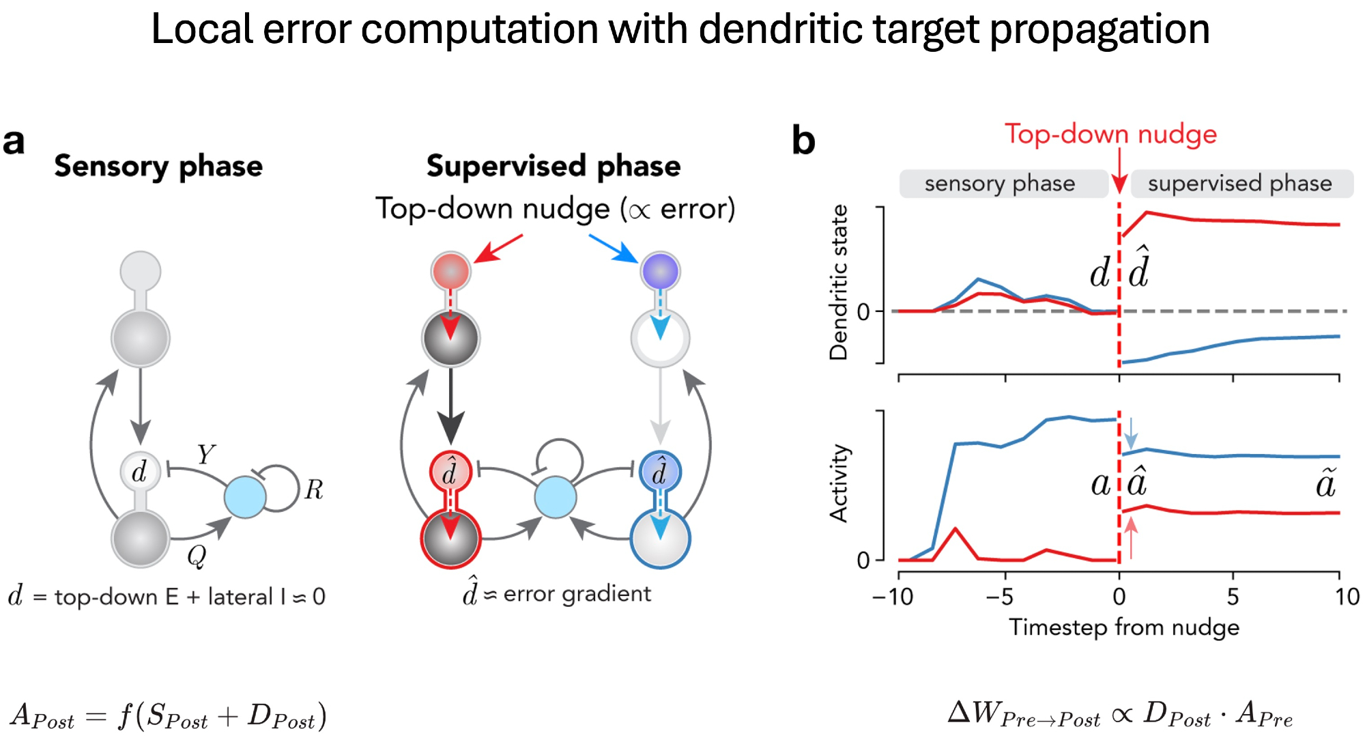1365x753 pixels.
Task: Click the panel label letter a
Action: pos(14,142)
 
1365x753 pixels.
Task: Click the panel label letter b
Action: pos(803,141)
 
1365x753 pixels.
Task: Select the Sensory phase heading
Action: pos(158,167)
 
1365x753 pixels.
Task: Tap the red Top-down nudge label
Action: pos(1110,134)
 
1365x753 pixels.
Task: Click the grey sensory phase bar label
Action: pos(1000,184)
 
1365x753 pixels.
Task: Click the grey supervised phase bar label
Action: pos(1239,184)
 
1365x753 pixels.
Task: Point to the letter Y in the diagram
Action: pos(205,454)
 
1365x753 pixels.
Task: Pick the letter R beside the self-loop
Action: pos(313,489)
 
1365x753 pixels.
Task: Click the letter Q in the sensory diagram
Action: pos(197,556)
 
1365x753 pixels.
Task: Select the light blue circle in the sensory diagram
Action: pos(245,497)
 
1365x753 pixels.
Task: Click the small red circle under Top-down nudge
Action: pos(450,271)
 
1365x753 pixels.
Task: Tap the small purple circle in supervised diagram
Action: pos(659,271)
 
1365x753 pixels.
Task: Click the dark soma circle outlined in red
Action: pos(450,539)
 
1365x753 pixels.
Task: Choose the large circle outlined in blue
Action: pos(660,539)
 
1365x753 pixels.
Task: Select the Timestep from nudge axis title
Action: pos(1123,627)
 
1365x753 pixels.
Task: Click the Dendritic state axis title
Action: pos(838,283)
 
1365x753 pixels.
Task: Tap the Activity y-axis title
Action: pos(838,483)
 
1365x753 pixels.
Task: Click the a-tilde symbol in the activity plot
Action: pos(1325,483)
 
